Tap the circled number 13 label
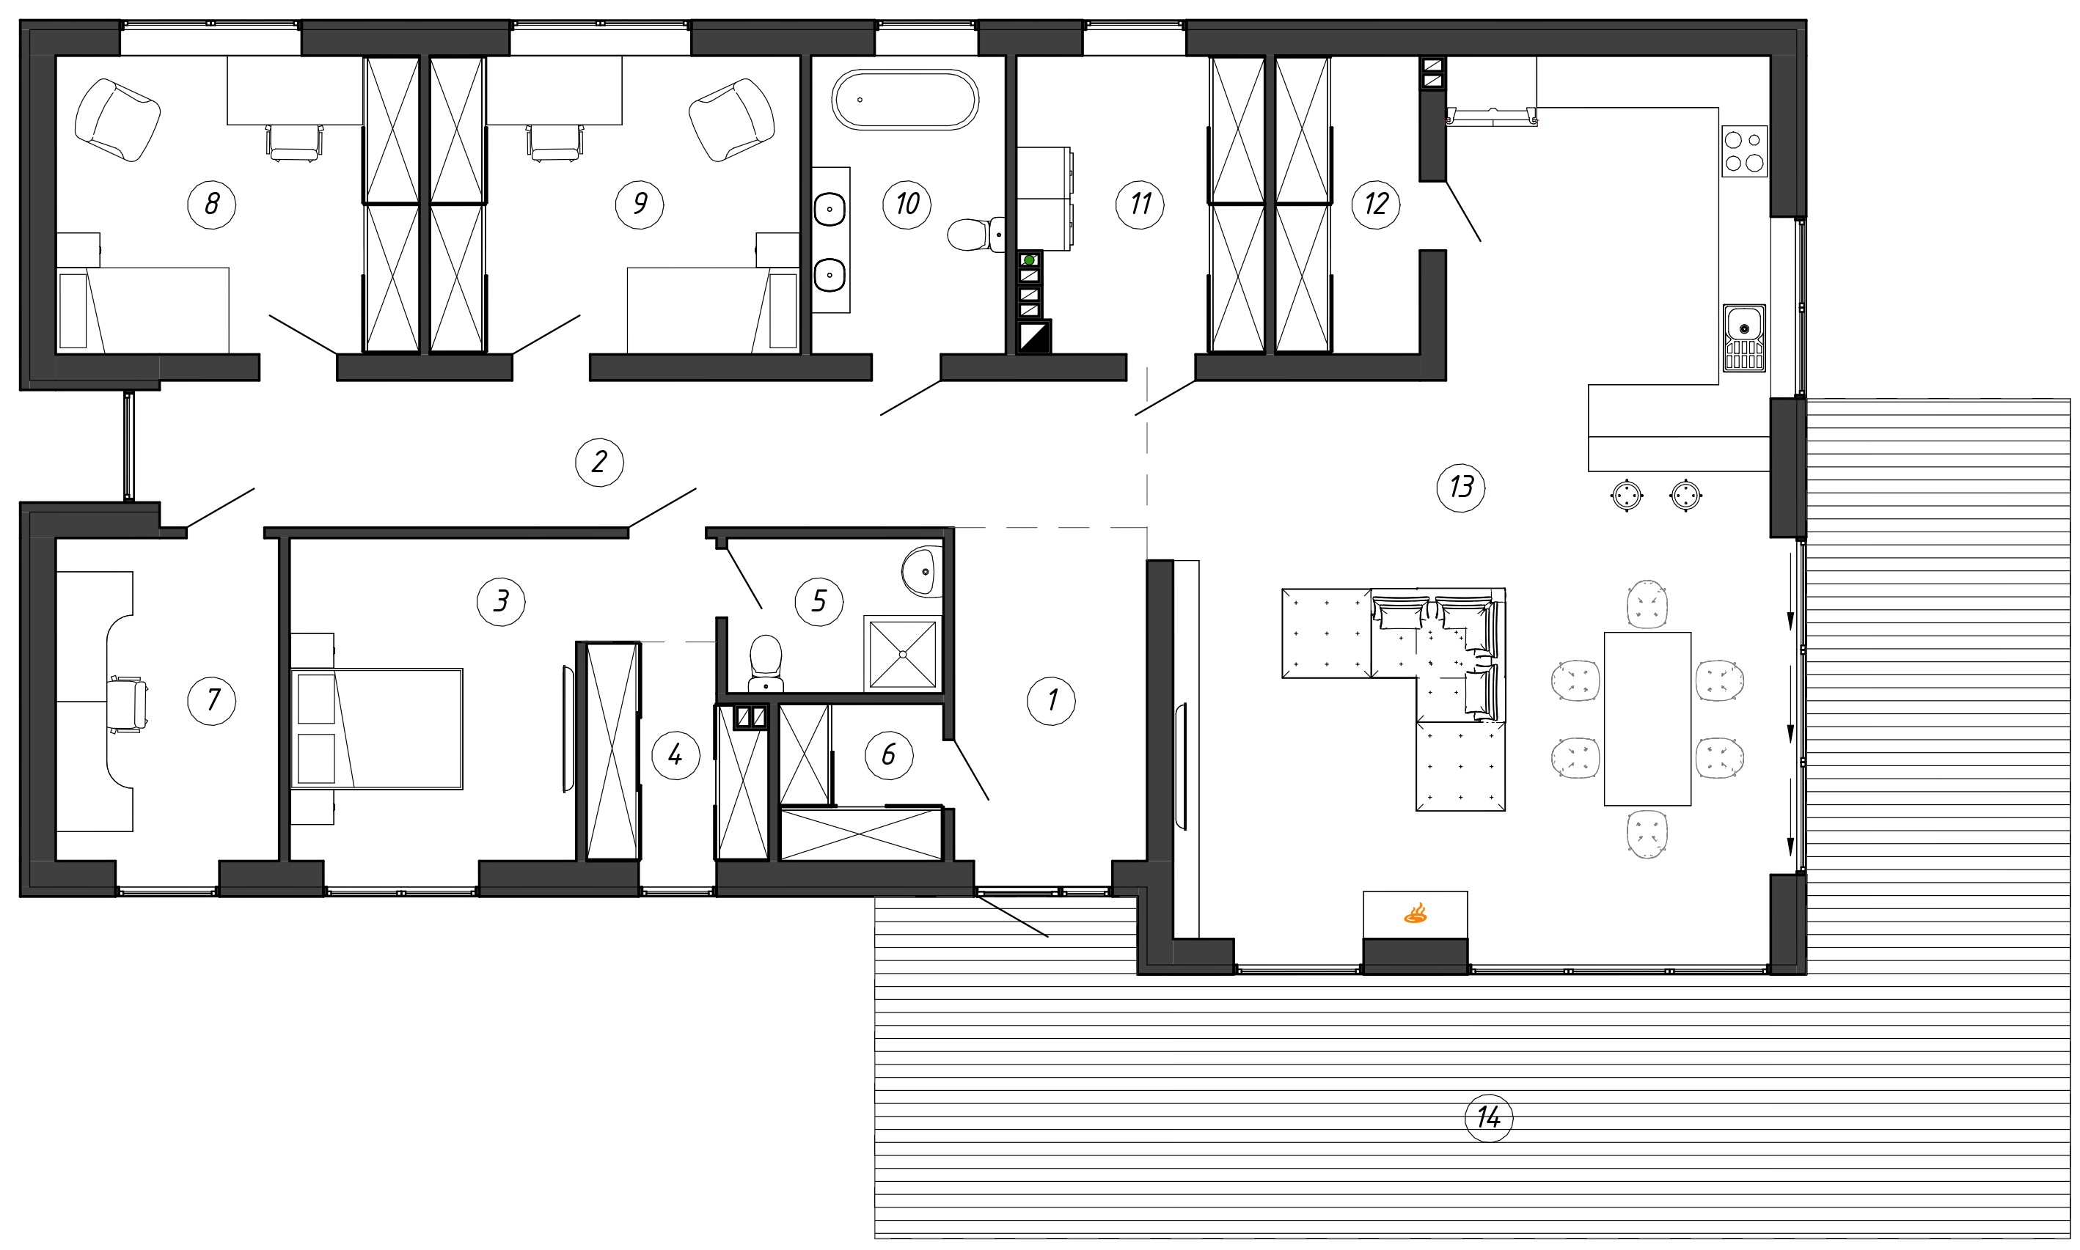coord(1461,487)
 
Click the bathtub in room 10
coord(906,100)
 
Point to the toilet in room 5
coord(766,663)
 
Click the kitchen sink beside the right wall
coord(1744,338)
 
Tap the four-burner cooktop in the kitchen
coord(1744,151)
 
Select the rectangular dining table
coord(1647,718)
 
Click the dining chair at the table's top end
coord(1648,604)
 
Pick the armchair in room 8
coord(117,120)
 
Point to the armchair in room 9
coord(731,120)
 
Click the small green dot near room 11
coord(1028,260)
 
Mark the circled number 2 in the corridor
coord(599,462)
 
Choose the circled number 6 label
coord(889,754)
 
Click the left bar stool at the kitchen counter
coord(1627,496)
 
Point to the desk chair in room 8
coord(294,142)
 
